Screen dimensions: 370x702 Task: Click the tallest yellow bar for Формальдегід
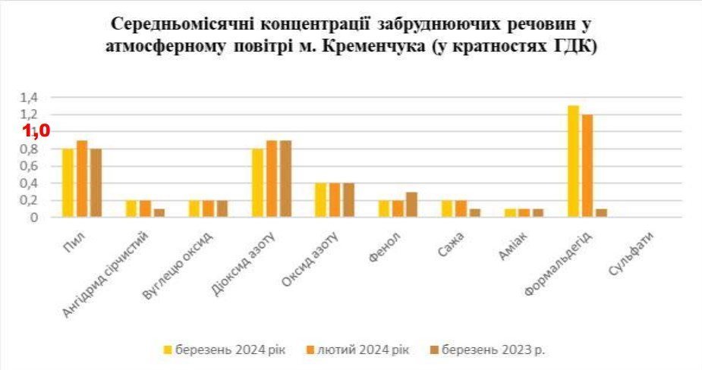tap(574, 161)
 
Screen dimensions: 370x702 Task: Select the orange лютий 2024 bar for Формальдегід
tap(587, 166)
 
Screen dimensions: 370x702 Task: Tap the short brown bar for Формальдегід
tap(601, 213)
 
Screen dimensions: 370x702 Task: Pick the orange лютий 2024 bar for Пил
tap(82, 179)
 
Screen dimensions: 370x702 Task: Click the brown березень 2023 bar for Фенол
tap(412, 205)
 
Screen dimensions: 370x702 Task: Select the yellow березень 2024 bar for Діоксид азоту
tap(258, 183)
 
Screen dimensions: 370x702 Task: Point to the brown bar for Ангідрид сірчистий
tap(159, 213)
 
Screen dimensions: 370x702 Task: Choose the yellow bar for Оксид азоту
tap(321, 200)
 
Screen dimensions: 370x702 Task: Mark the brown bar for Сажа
tap(474, 213)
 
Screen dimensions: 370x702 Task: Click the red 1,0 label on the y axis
tap(36, 130)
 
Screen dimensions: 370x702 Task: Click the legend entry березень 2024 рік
tap(225, 350)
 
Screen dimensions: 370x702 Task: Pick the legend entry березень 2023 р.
tap(493, 350)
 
